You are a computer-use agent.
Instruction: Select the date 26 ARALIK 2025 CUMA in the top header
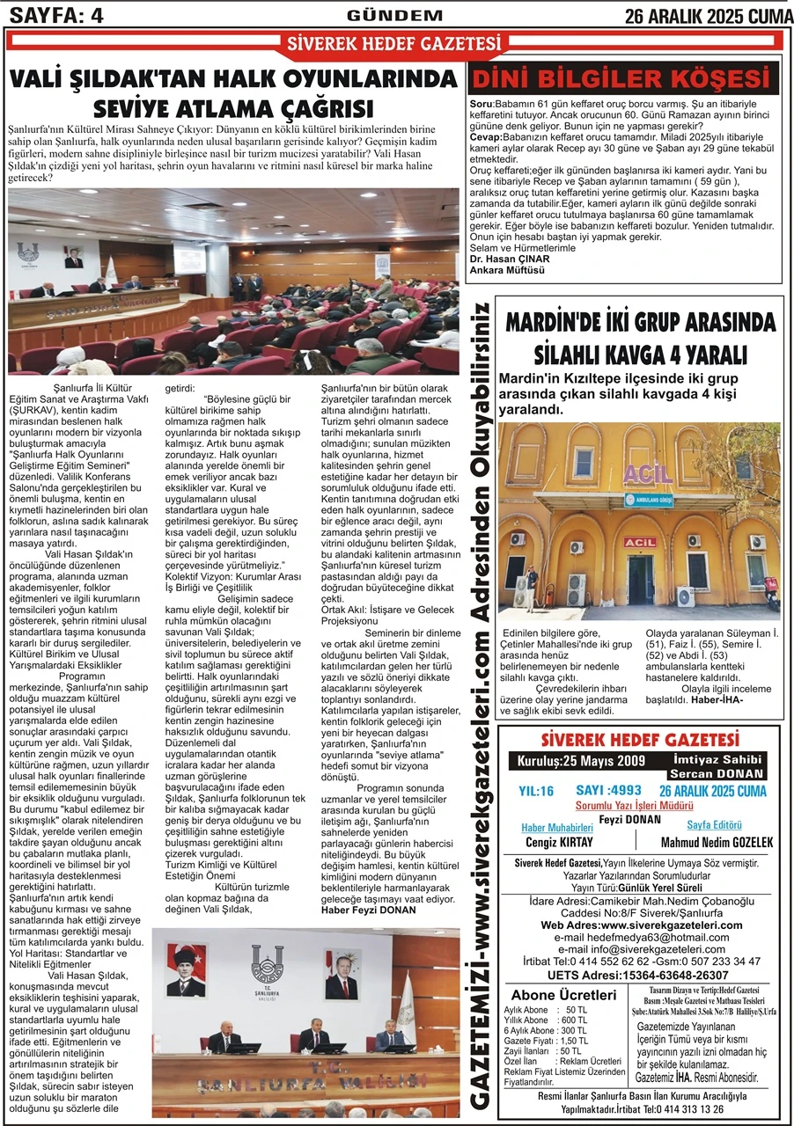pos(707,15)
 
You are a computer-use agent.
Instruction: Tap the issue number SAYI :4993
pos(608,790)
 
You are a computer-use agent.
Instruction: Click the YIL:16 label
pos(536,791)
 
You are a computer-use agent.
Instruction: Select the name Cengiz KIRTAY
pos(558,842)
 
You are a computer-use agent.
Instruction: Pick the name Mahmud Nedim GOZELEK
pos(717,842)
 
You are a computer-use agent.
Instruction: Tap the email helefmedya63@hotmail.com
pos(637,938)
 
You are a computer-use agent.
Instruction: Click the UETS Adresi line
pos(637,975)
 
